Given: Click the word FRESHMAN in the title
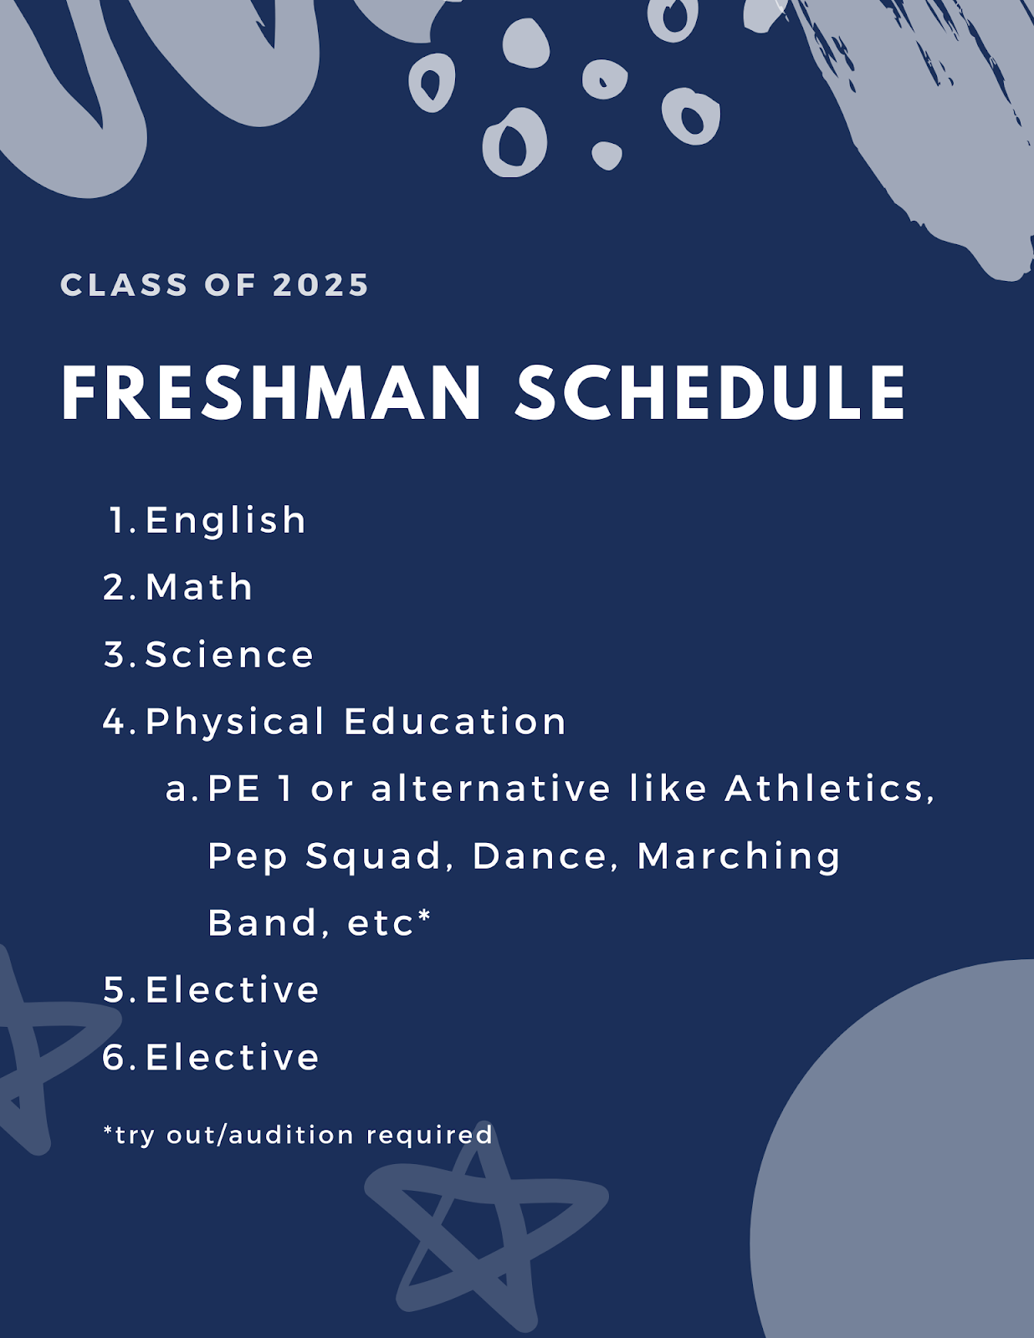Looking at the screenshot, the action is click(271, 392).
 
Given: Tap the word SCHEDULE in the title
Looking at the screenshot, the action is click(710, 392).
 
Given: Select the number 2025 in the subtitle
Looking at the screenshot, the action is click(320, 285).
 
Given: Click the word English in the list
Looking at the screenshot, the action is click(225, 520).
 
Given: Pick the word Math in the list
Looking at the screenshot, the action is click(199, 586).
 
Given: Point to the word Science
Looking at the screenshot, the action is click(229, 654).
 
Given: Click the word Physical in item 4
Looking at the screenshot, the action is click(234, 723).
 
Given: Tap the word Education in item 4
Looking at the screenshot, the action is click(454, 721).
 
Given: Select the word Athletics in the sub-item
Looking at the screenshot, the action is click(830, 789).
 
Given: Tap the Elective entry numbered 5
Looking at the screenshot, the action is click(233, 989).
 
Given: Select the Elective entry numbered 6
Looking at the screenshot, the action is click(233, 1057).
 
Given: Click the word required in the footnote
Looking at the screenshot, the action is click(429, 1136).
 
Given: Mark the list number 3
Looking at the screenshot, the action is click(115, 654).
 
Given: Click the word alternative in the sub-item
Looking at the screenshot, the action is click(490, 789).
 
